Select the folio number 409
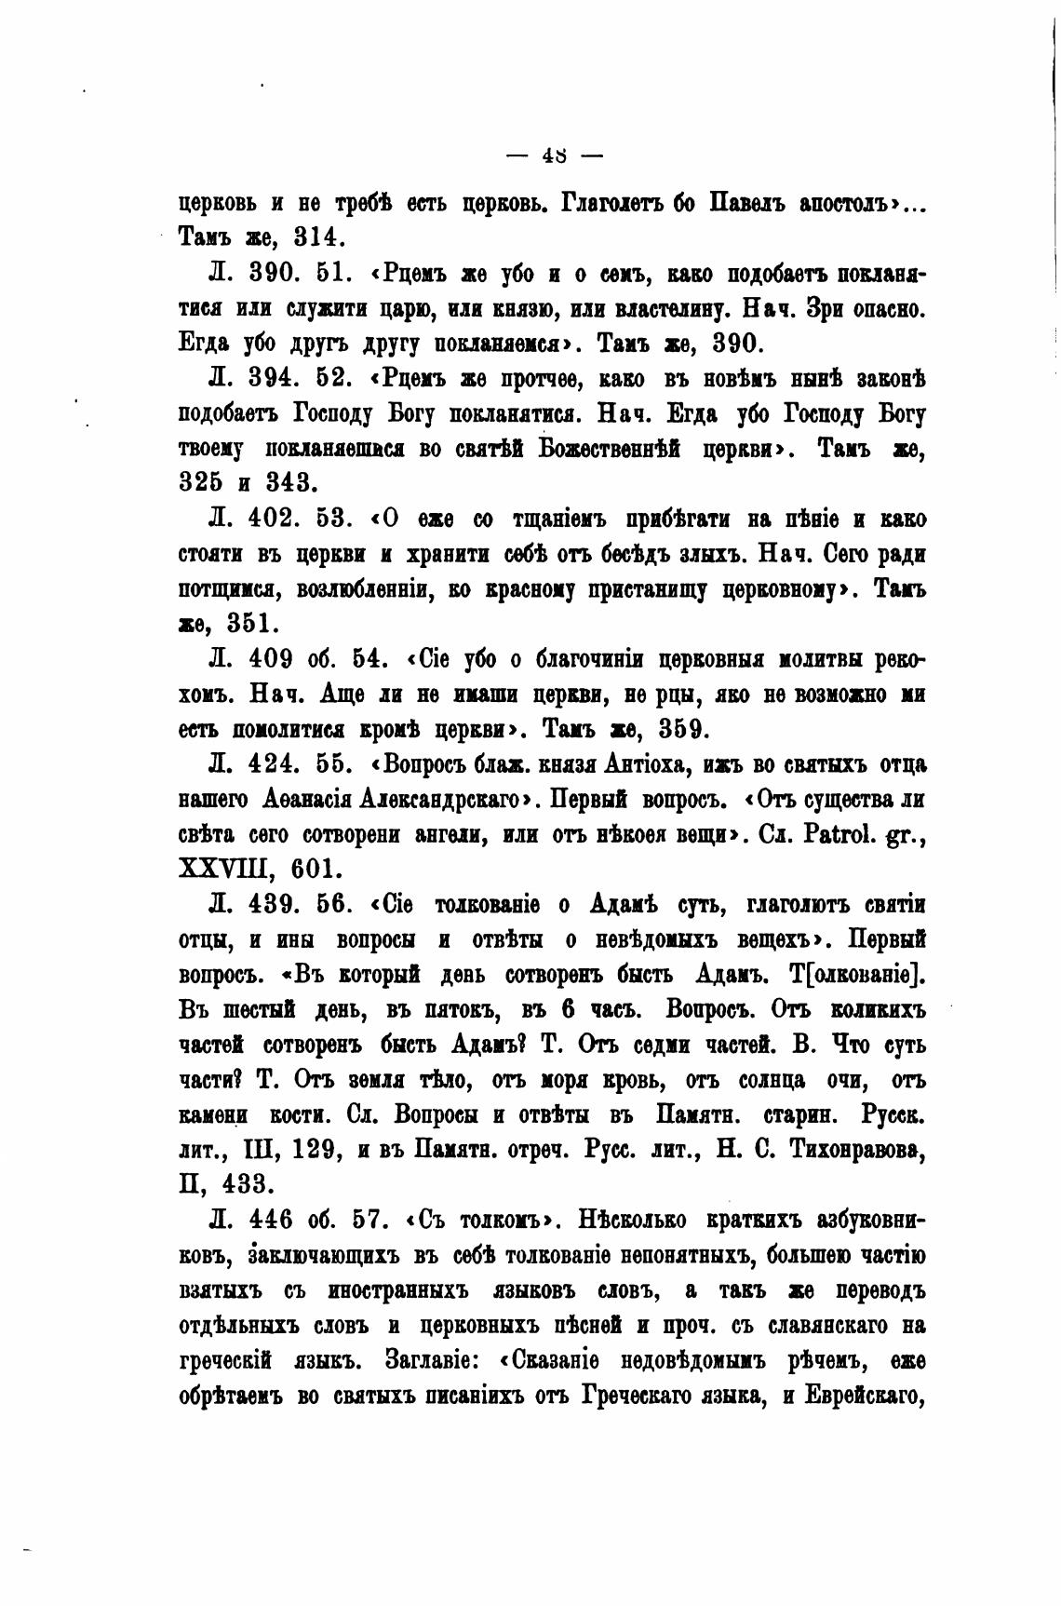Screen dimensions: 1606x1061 [272, 659]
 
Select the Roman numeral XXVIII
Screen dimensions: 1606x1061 [222, 869]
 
